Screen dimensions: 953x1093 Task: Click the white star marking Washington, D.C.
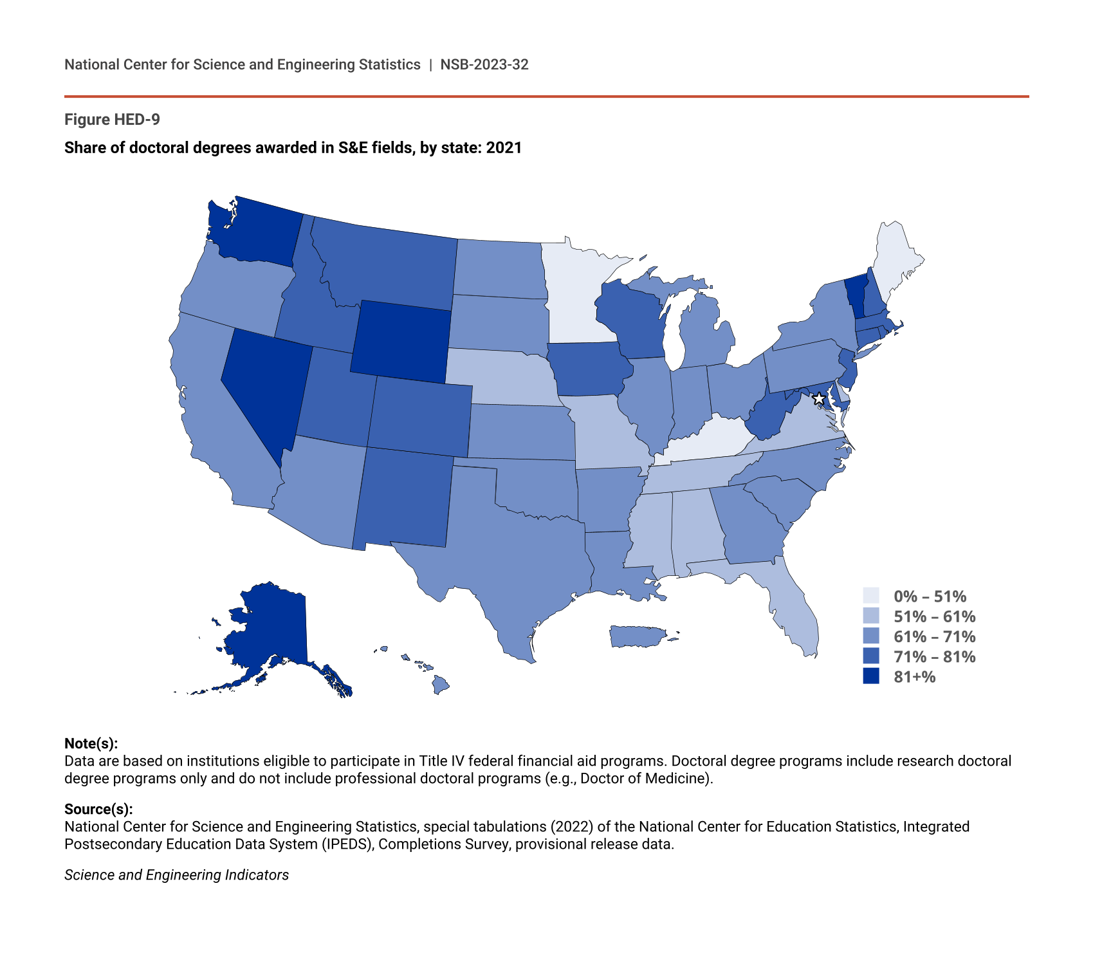pos(818,399)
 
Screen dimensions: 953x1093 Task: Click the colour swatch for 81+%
pos(870,676)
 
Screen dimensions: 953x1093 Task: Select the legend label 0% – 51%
pos(930,597)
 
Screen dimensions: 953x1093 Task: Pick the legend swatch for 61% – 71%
pos(870,636)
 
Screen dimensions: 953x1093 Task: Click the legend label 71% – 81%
pos(934,656)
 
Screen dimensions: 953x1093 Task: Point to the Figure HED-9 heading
pos(112,120)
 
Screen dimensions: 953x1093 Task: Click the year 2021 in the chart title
pos(504,148)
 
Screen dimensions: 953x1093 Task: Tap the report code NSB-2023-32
pos(484,64)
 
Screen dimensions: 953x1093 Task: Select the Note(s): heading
pos(91,743)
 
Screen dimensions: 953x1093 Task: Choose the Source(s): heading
pos(98,809)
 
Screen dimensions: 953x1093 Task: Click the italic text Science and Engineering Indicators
pos(176,875)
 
